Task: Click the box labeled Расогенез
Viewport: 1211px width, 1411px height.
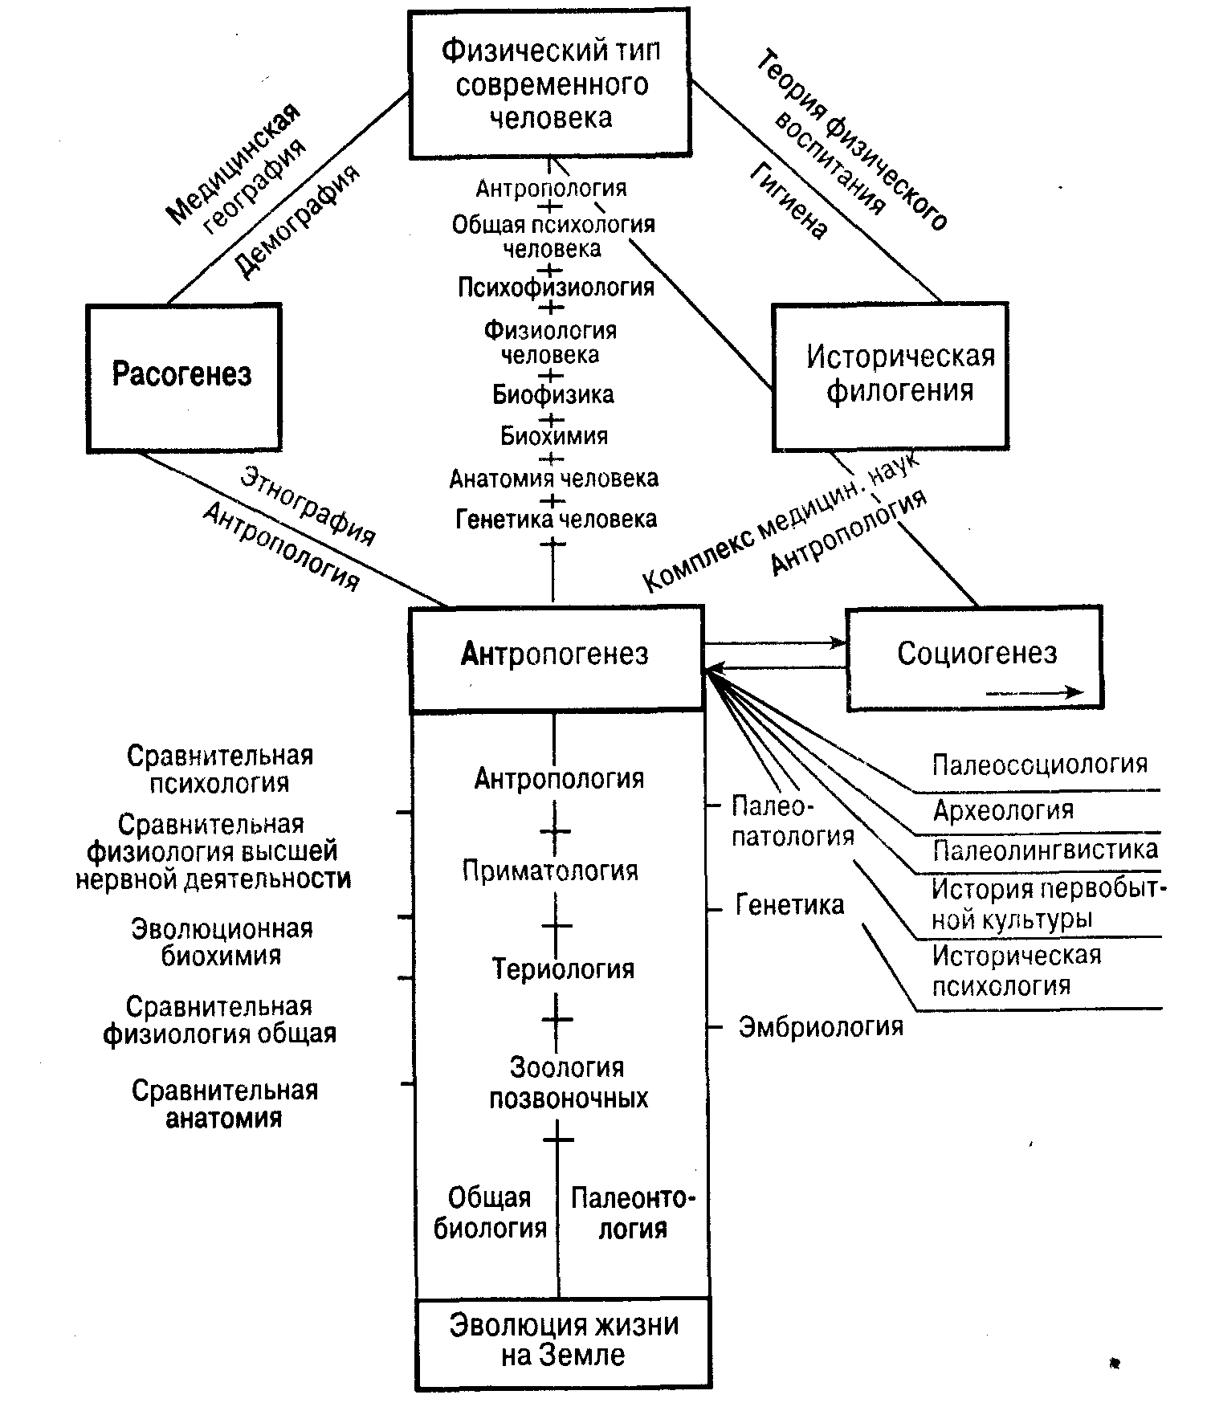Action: click(x=184, y=377)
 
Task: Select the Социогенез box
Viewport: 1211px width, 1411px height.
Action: click(x=975, y=659)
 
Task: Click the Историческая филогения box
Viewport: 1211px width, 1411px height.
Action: click(x=890, y=376)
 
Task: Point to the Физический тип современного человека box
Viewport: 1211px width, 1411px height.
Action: click(x=550, y=84)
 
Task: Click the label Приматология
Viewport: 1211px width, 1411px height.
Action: click(x=550, y=871)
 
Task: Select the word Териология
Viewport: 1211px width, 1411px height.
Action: click(x=563, y=969)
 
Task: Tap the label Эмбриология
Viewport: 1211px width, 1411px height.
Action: click(x=821, y=1026)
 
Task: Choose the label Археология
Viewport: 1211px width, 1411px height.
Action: click(x=1003, y=809)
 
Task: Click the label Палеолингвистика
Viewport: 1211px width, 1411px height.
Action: click(x=1045, y=850)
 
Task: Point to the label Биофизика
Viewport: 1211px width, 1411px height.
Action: click(x=553, y=394)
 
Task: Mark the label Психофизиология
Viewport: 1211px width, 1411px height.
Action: click(x=557, y=287)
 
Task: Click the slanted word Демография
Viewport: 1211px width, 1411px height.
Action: click(x=296, y=221)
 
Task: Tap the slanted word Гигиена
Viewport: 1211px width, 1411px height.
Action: click(x=789, y=201)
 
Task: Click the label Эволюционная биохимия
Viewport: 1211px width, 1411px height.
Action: click(x=222, y=942)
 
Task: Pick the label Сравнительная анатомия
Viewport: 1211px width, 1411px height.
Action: click(x=225, y=1104)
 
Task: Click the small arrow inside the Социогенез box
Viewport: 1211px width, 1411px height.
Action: click(x=1034, y=692)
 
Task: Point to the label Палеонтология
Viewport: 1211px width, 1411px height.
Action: click(x=633, y=1213)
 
